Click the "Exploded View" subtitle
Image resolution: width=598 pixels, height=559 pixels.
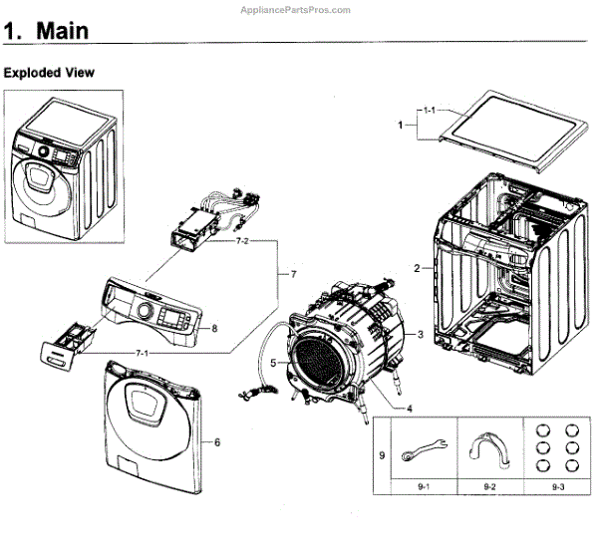click(x=49, y=73)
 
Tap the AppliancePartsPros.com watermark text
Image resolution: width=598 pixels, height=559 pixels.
click(x=296, y=9)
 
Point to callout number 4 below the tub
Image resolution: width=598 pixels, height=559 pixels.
click(x=408, y=408)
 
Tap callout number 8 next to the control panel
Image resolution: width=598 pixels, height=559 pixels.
click(x=213, y=327)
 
